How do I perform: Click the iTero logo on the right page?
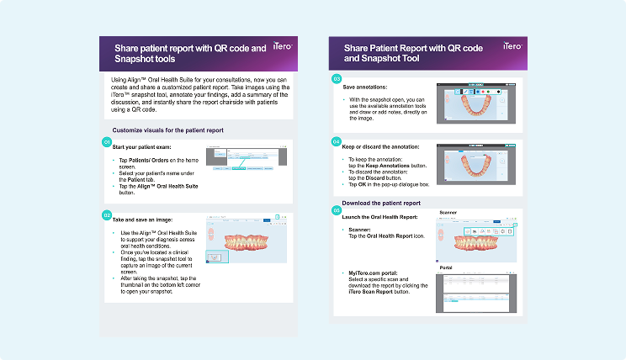pos(512,48)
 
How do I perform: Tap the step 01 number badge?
pos(107,142)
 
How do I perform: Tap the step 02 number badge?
pos(107,214)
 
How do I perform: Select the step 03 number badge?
pos(337,79)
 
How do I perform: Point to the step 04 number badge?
pos(337,141)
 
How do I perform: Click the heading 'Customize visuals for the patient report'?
pos(168,130)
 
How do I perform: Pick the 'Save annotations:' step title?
pos(365,86)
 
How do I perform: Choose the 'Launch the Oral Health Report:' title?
pos(384,217)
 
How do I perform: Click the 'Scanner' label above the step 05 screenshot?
pos(449,213)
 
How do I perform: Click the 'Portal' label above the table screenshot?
pos(446,267)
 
